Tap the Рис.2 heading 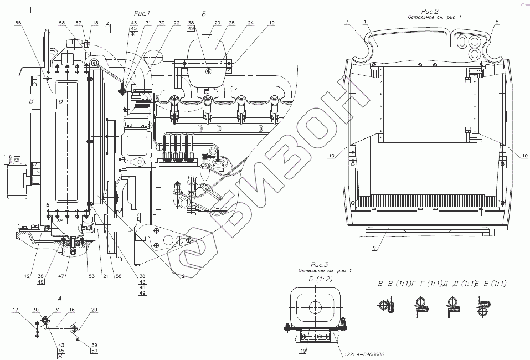(430, 11)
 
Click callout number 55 (19, 23)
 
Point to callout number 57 (78, 23)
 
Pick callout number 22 (176, 23)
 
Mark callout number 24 (251, 23)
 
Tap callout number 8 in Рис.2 (496, 21)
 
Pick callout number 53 (91, 275)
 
